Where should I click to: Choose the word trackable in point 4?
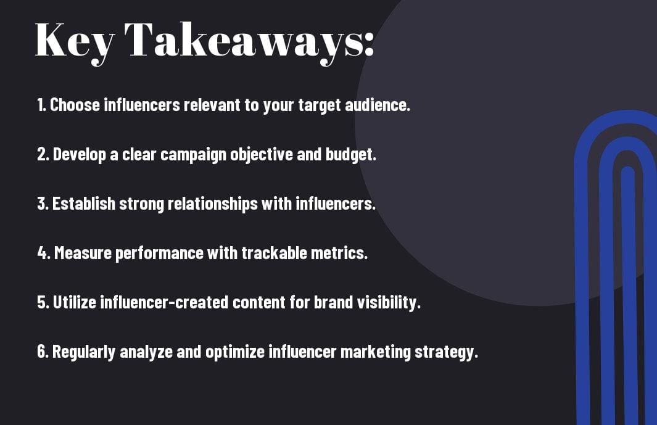point(274,253)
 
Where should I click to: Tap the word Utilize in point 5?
point(75,302)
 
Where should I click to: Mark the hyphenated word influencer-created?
point(164,302)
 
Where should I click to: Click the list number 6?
point(42,351)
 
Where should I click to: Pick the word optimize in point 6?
point(235,352)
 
